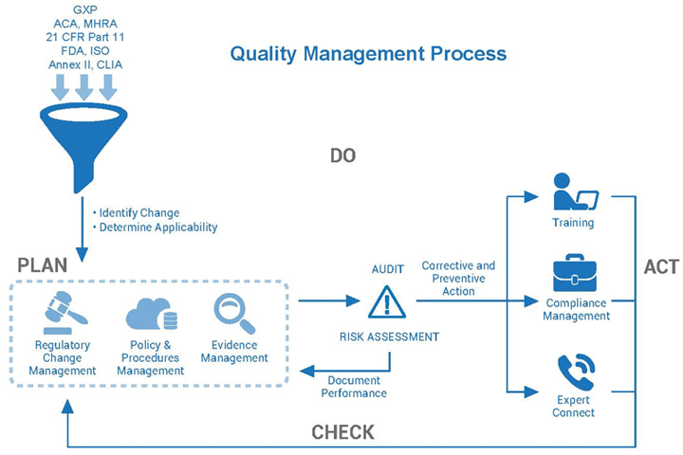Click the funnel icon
click(x=83, y=139)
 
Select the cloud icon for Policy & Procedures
click(x=151, y=315)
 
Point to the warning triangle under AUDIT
click(x=387, y=301)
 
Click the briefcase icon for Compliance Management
click(x=575, y=273)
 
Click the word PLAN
click(x=43, y=265)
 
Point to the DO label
click(x=342, y=155)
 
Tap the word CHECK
click(x=342, y=432)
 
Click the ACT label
click(x=661, y=267)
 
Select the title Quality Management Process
click(x=368, y=53)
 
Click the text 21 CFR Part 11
click(x=85, y=37)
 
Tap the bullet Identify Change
click(x=136, y=213)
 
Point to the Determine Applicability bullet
click(x=155, y=227)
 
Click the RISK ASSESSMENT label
click(x=390, y=337)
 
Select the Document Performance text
click(x=354, y=387)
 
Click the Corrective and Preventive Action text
click(x=458, y=279)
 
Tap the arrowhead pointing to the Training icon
click(x=531, y=197)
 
